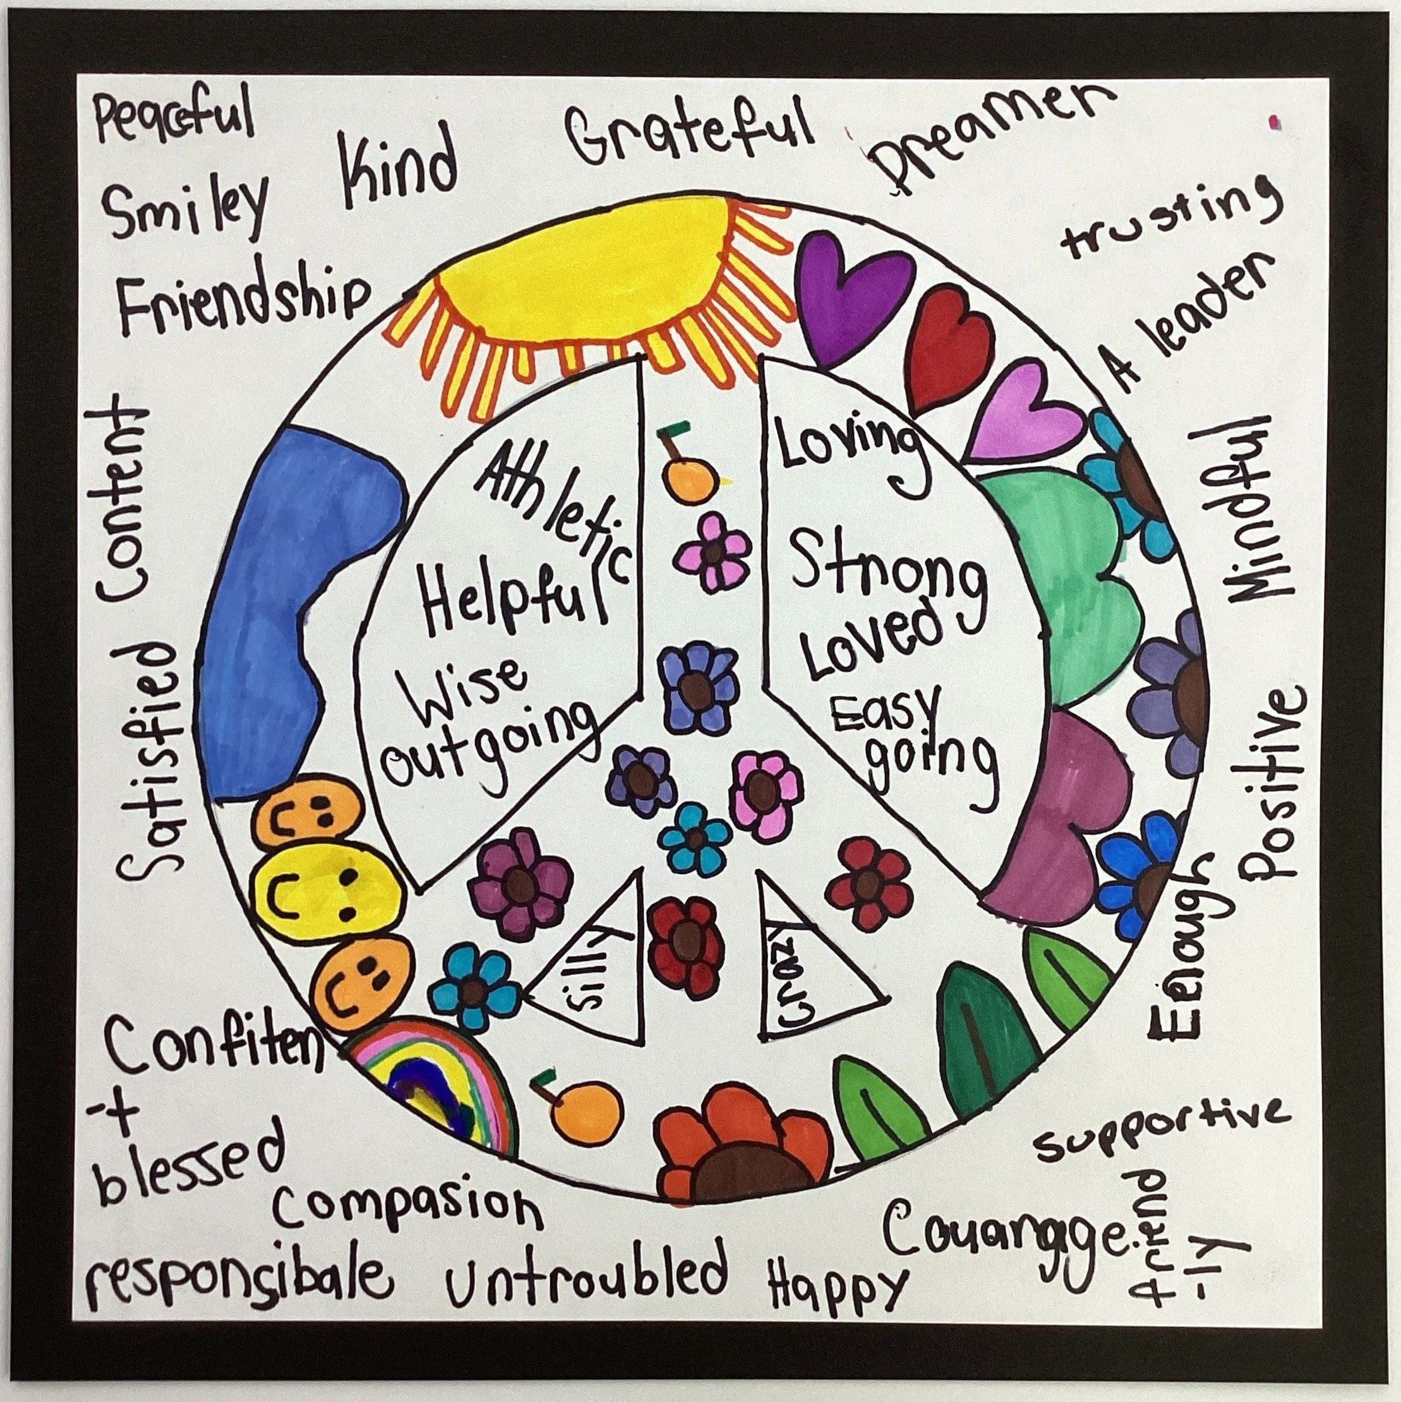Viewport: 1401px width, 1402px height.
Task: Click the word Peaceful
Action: pyautogui.click(x=174, y=121)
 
